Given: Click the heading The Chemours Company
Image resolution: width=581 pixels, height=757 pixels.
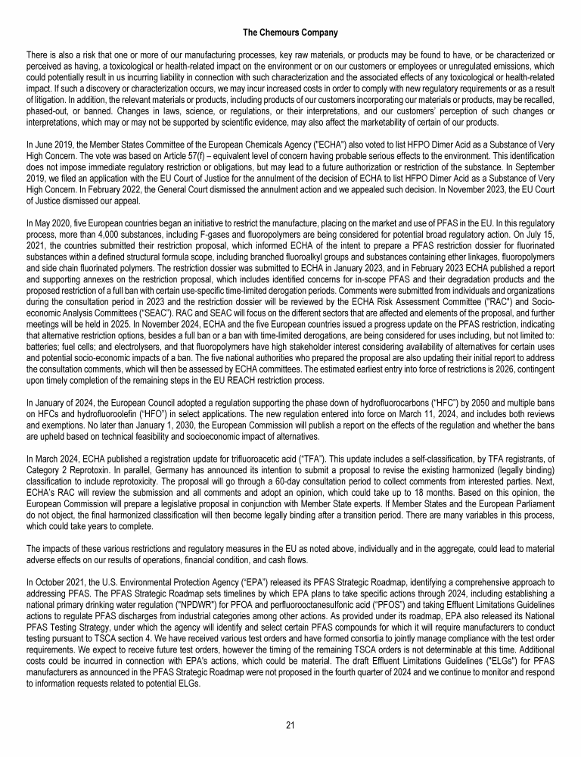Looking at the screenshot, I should click(x=290, y=33).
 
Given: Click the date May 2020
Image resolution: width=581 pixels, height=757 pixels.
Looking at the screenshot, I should click(x=50, y=225).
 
